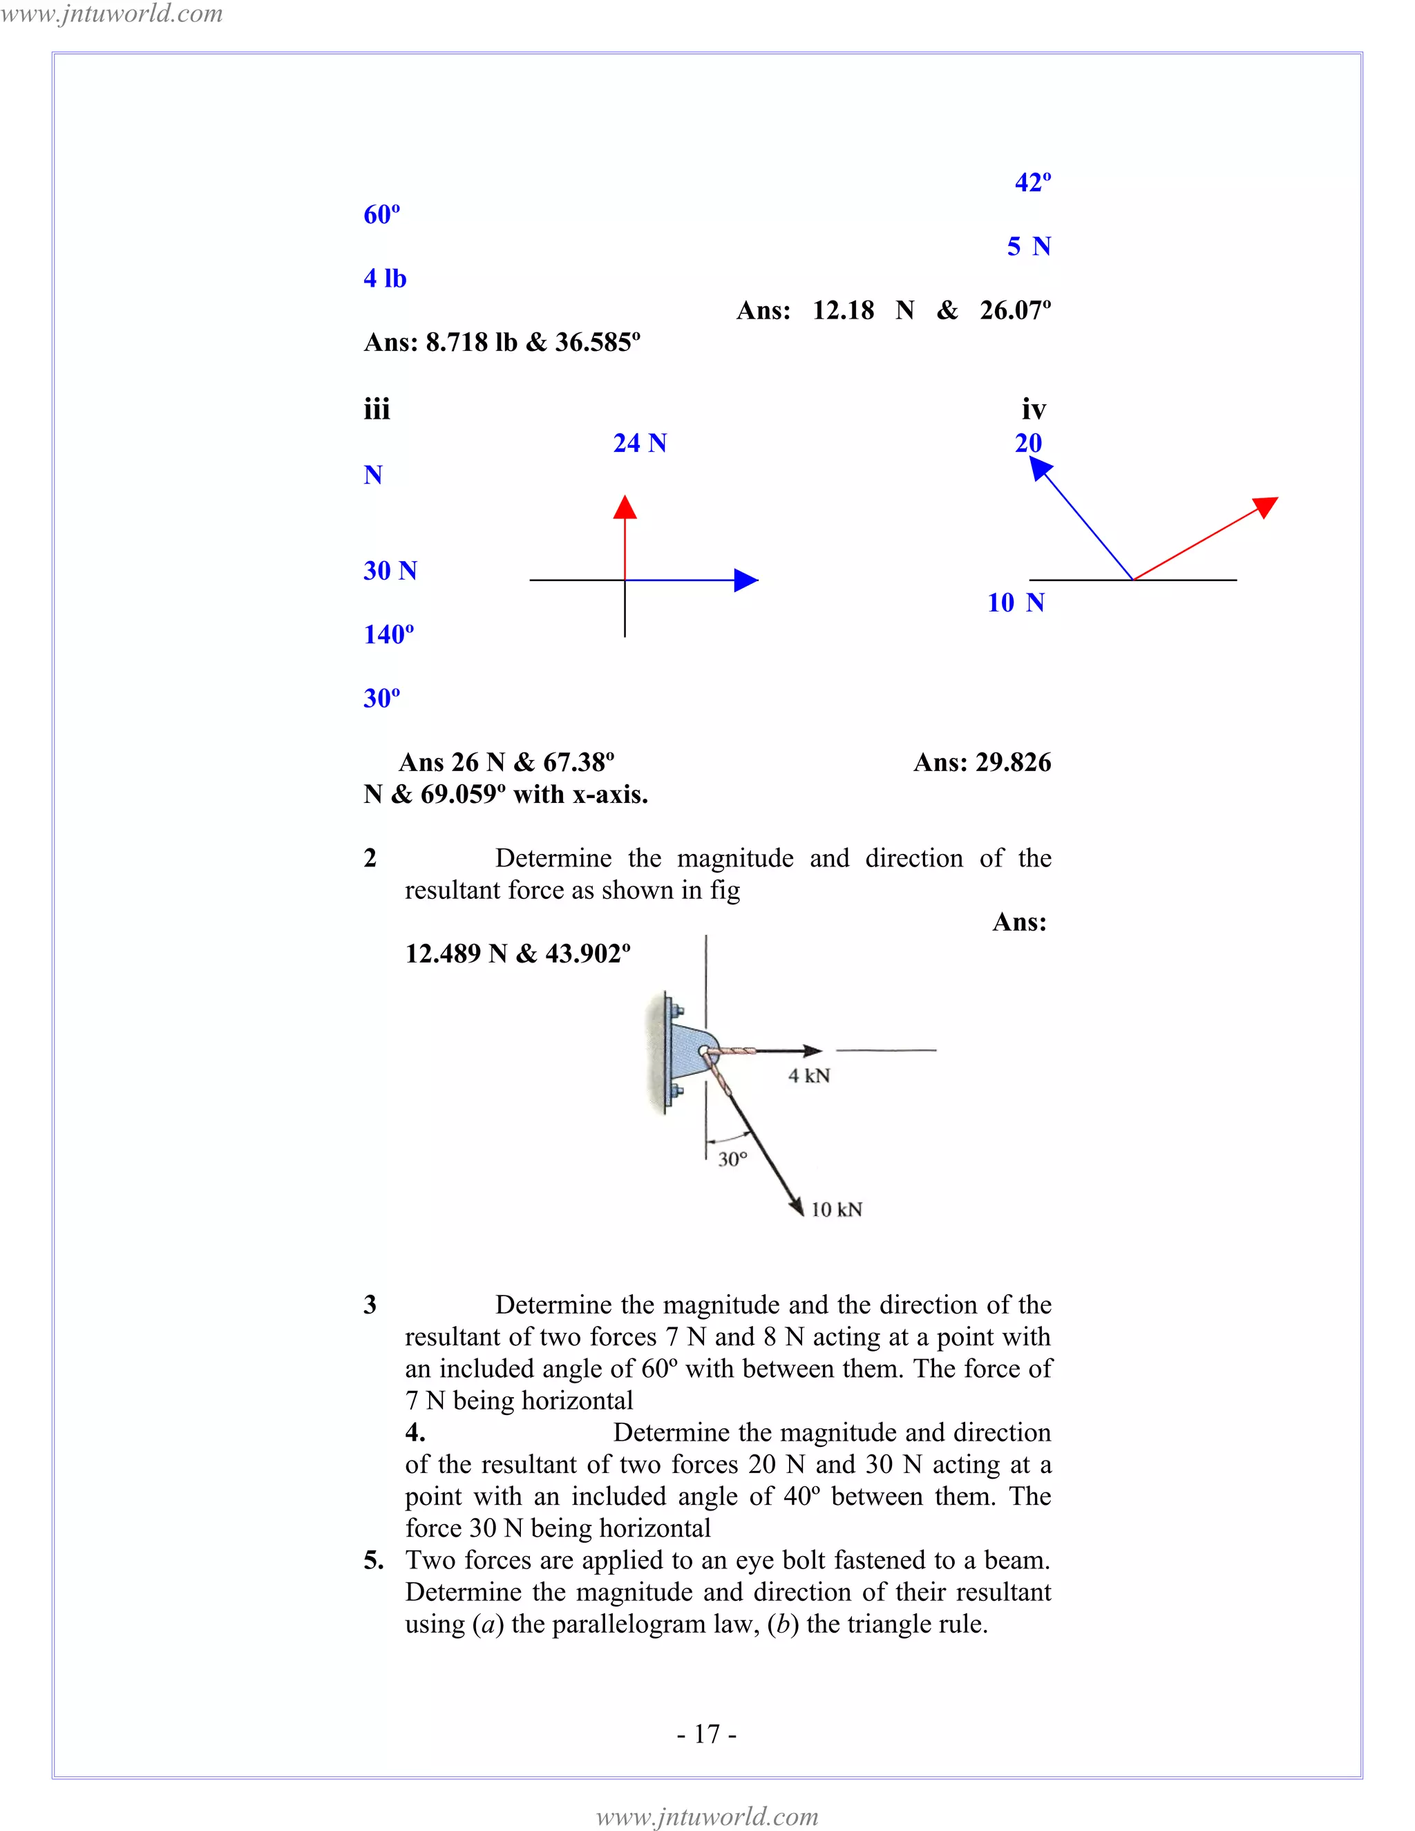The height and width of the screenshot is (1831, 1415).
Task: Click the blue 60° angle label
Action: (x=381, y=215)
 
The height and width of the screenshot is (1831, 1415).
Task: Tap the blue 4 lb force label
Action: (x=385, y=278)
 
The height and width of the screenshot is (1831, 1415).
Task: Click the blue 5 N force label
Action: (x=1029, y=247)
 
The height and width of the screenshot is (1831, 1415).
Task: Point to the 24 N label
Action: (x=640, y=443)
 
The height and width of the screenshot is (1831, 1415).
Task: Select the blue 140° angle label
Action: (x=388, y=635)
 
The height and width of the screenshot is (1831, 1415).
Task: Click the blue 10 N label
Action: (x=1015, y=603)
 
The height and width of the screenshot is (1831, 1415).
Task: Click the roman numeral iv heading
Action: (x=1034, y=410)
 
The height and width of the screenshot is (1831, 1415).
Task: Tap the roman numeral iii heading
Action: (x=377, y=410)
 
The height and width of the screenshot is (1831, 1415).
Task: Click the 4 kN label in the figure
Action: (x=809, y=1076)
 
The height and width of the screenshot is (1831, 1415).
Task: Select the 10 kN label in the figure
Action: (x=836, y=1209)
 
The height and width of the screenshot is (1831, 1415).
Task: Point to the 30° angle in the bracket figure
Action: (x=732, y=1159)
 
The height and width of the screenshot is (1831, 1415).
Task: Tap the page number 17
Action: (x=707, y=1734)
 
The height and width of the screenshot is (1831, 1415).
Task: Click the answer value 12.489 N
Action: (x=456, y=954)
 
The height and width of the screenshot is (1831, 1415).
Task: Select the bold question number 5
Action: (x=373, y=1560)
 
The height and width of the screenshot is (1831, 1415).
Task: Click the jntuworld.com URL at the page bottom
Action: (x=707, y=1816)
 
